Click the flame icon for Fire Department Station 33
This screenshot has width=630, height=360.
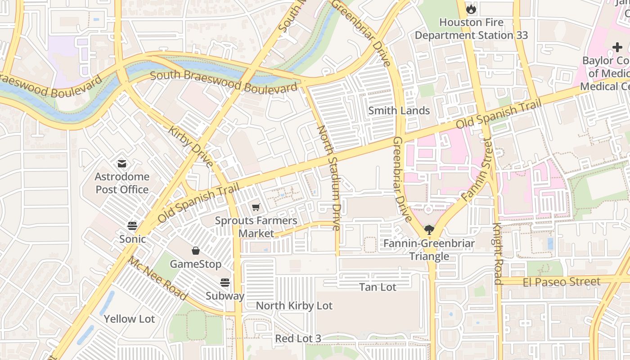[x=471, y=9]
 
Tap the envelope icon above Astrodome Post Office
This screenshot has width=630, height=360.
[x=122, y=163]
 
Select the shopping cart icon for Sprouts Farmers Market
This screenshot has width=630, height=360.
[x=256, y=207]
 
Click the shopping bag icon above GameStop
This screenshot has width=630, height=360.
[x=196, y=251]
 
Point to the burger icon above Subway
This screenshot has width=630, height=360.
[x=225, y=283]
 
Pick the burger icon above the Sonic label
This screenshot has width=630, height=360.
[x=132, y=225]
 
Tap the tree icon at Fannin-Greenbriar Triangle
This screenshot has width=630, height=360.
[x=429, y=230]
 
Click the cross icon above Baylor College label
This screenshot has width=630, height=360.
[x=617, y=47]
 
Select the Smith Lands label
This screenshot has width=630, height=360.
[x=399, y=111]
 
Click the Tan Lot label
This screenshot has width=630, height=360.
[x=378, y=287]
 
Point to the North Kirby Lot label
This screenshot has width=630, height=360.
[x=294, y=306]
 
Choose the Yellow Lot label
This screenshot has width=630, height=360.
[x=129, y=319]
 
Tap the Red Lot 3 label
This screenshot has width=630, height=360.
[x=298, y=338]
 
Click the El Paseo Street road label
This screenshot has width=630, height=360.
[x=562, y=282]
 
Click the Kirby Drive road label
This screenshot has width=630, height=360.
[x=191, y=147]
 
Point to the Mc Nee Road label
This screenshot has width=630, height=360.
[x=157, y=279]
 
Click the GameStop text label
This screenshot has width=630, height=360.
[x=196, y=264]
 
